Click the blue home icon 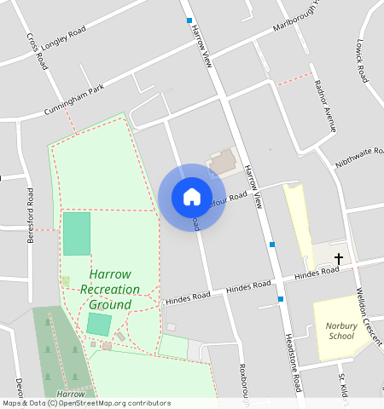click(192, 197)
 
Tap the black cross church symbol click(339, 257)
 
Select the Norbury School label click(340, 330)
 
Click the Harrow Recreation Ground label click(110, 290)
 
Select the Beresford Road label click(31, 215)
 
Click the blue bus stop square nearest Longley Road click(189, 20)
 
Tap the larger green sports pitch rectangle click(76, 233)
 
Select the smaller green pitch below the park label click(98, 324)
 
